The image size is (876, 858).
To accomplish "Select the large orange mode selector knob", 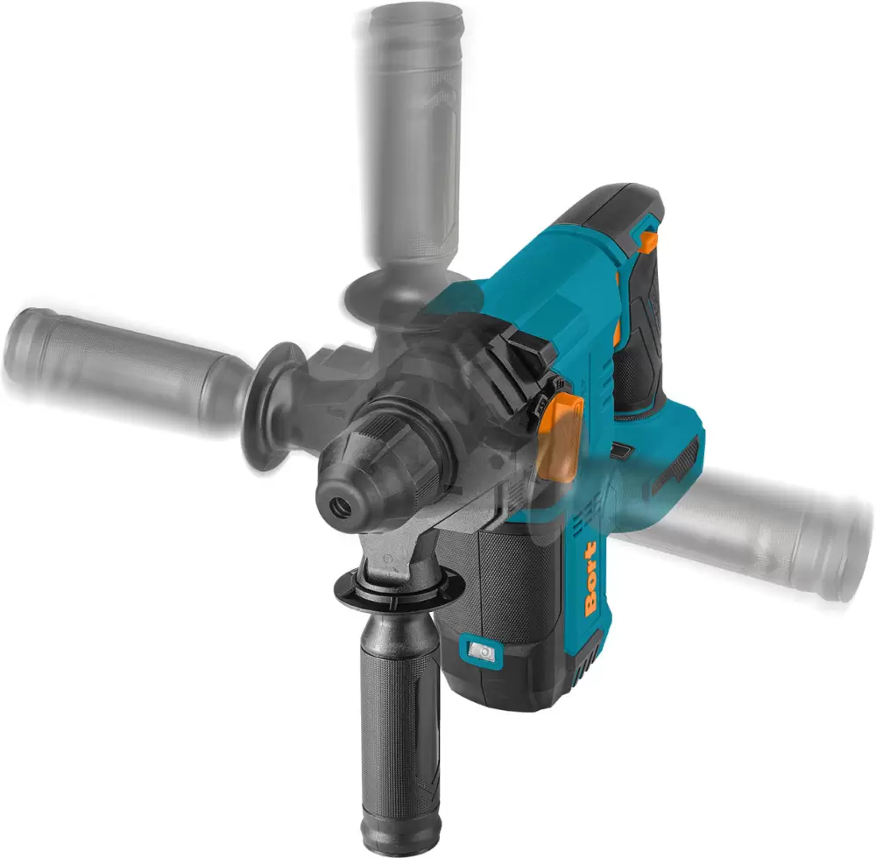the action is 560,435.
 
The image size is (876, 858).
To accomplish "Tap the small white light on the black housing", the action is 482,651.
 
